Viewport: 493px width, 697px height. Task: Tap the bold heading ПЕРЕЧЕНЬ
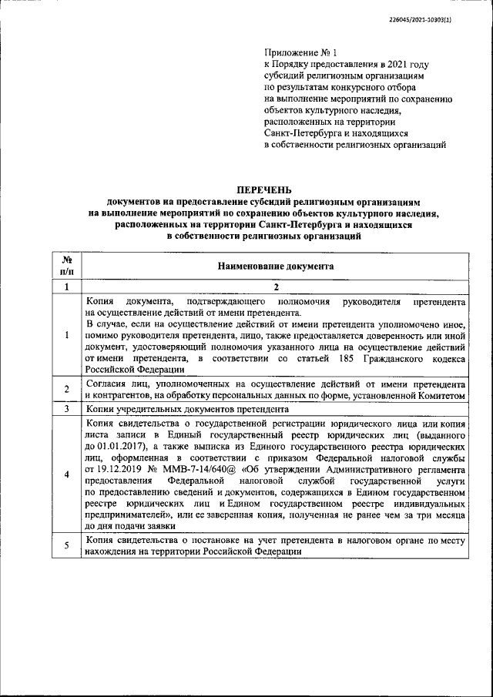(264, 189)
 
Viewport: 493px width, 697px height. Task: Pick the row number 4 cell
(66, 474)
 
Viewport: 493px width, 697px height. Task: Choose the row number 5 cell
(66, 545)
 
